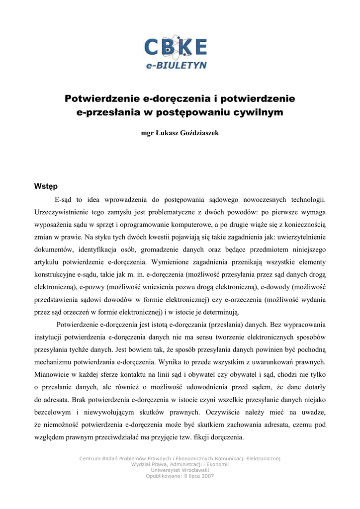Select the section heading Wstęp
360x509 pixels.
[x=46, y=186]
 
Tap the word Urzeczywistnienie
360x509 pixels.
[x=64, y=212]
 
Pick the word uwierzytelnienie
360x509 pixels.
[x=301, y=237]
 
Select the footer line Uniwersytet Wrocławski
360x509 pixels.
[x=180, y=470]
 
